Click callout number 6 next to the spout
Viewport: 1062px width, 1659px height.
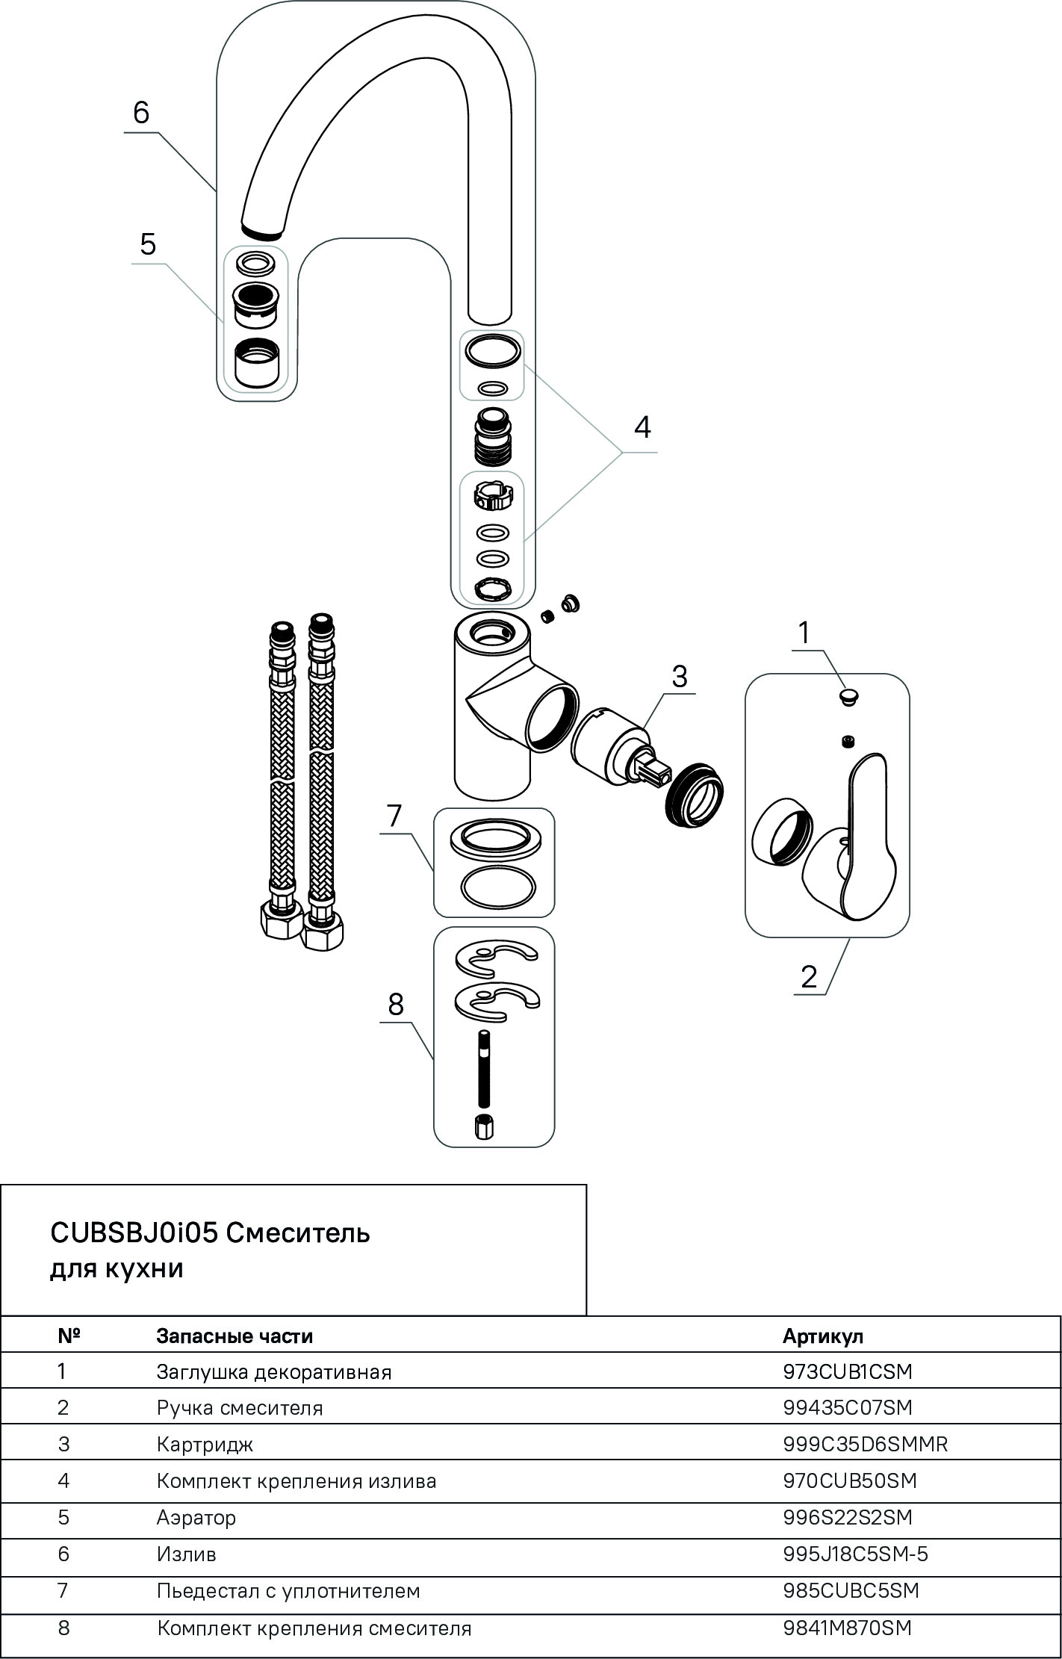pyautogui.click(x=141, y=113)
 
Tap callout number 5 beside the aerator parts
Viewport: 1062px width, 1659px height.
pyautogui.click(x=148, y=244)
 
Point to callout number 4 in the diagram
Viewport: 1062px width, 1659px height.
pyautogui.click(x=642, y=427)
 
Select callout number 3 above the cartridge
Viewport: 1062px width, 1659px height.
pyautogui.click(x=679, y=676)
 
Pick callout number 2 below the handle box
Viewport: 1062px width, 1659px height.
pyautogui.click(x=809, y=977)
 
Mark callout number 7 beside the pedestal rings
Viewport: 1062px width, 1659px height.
pyautogui.click(x=395, y=816)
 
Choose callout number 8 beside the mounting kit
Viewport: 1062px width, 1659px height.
pyautogui.click(x=396, y=1005)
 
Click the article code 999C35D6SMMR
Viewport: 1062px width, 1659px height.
pyautogui.click(x=865, y=1444)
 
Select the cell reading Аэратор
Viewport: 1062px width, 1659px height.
pyautogui.click(x=196, y=1517)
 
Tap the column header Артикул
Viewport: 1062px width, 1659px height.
pyautogui.click(x=822, y=1336)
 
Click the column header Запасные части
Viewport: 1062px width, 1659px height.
pyautogui.click(x=234, y=1336)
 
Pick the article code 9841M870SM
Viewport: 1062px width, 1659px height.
pyautogui.click(x=847, y=1628)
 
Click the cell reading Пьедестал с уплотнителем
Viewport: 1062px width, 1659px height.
pyautogui.click(x=288, y=1591)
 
